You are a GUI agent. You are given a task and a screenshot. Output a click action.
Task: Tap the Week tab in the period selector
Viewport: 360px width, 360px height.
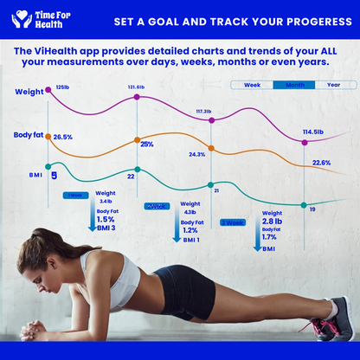pyautogui.click(x=252, y=85)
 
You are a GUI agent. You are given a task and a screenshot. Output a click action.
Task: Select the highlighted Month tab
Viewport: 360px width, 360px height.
pyautogui.click(x=293, y=85)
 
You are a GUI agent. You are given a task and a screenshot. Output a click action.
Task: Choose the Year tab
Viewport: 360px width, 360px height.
pyautogui.click(x=333, y=85)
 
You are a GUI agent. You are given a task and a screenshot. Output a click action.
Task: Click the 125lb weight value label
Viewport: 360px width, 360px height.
pyautogui.click(x=62, y=87)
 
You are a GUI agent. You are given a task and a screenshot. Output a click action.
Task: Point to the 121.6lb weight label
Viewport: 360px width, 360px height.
pyautogui.click(x=136, y=87)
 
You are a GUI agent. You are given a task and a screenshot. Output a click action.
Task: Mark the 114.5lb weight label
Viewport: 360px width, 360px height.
pyautogui.click(x=313, y=132)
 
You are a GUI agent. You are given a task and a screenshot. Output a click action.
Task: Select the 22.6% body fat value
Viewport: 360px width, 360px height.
pyautogui.click(x=321, y=163)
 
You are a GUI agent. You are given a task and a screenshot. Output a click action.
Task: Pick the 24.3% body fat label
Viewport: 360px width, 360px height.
pyautogui.click(x=196, y=154)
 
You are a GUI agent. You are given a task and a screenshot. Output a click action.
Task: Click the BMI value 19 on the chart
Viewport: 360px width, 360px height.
pyautogui.click(x=312, y=209)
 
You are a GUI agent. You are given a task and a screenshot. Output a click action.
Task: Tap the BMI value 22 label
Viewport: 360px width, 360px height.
pyautogui.click(x=131, y=177)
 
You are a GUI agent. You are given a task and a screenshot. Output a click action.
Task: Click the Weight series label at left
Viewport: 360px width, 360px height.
pyautogui.click(x=27, y=91)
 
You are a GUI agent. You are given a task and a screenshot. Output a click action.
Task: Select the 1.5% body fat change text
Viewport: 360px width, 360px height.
pyautogui.click(x=106, y=220)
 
